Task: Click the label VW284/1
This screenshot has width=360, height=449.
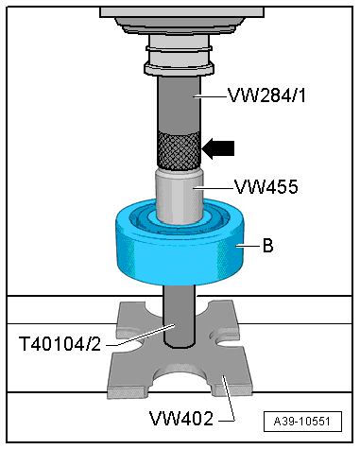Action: click(x=266, y=95)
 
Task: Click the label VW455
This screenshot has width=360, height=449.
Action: click(x=264, y=187)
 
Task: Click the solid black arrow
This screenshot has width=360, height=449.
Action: click(x=219, y=147)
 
